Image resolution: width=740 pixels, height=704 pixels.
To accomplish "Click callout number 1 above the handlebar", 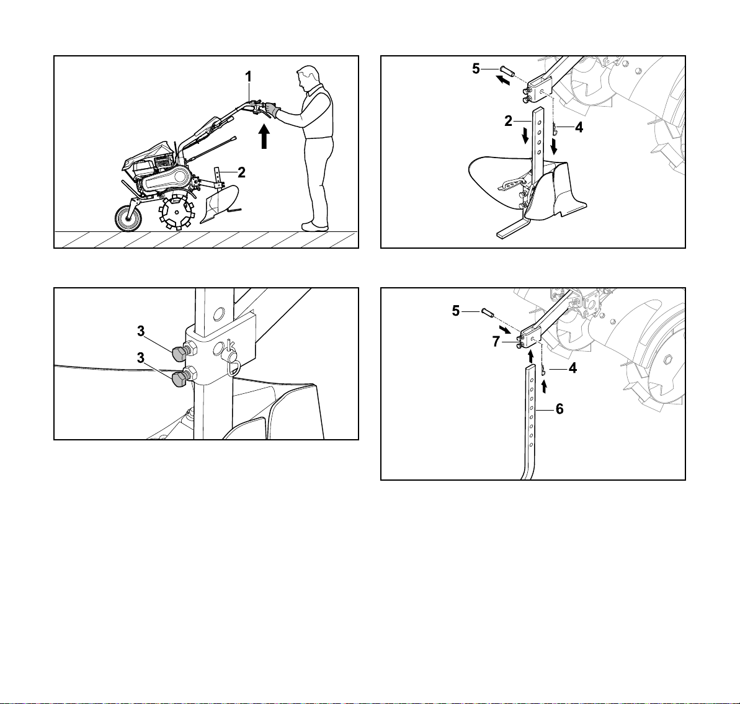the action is (x=248, y=76).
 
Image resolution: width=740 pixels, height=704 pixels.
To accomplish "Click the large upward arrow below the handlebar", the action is (x=265, y=135).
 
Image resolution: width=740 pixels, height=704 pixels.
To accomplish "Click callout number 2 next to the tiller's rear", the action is (x=242, y=172).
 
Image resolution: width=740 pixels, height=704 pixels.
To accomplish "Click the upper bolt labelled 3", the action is (x=180, y=352).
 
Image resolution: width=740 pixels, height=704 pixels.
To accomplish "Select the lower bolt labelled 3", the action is (x=180, y=378).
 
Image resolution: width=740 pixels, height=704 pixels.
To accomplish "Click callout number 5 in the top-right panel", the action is (x=476, y=69).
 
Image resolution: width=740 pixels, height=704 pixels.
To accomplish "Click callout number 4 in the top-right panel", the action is (x=579, y=127).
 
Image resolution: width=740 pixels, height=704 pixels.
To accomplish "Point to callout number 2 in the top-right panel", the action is (x=508, y=122).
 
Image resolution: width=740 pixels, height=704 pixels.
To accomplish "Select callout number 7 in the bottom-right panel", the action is (x=496, y=342).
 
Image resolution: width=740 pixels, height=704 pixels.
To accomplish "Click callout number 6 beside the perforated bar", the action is (x=559, y=409).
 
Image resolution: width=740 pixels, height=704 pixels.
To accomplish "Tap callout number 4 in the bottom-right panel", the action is (x=573, y=368).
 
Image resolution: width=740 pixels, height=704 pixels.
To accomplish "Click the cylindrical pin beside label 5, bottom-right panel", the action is (x=487, y=313).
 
